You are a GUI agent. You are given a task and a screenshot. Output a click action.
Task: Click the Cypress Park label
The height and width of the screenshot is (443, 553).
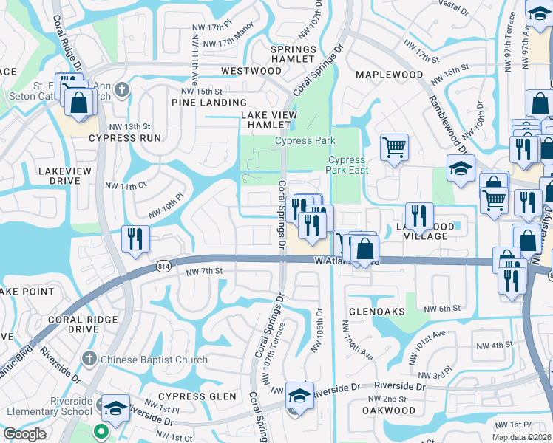pyautogui.click(x=305, y=140)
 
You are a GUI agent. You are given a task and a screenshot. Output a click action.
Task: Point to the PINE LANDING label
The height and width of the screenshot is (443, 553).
pyautogui.click(x=209, y=103)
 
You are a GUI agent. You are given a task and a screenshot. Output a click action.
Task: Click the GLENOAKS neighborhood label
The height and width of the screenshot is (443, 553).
pyautogui.click(x=373, y=312)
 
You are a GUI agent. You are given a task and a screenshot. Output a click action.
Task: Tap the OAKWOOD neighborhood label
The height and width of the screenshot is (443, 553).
pyautogui.click(x=389, y=410)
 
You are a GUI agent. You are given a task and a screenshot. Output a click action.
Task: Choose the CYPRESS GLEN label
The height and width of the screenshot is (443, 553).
pyautogui.click(x=196, y=396)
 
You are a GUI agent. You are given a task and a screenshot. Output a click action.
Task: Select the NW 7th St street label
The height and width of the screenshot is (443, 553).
pyautogui.click(x=204, y=272)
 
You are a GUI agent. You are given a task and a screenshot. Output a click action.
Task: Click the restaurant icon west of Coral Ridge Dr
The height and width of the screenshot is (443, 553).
pyautogui.click(x=135, y=238)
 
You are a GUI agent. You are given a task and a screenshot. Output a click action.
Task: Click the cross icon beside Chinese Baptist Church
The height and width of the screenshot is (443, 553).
pyautogui.click(x=89, y=360)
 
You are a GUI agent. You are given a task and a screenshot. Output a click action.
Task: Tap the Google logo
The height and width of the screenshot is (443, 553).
pyautogui.click(x=24, y=433)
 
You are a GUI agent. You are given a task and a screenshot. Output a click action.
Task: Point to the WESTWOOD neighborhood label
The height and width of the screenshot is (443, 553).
pyautogui.click(x=251, y=71)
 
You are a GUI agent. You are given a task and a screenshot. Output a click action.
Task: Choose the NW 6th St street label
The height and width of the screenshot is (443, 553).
pyautogui.click(x=442, y=308)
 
